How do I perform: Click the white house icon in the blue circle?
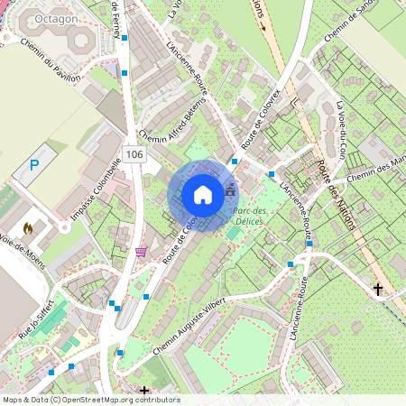(x=202, y=195)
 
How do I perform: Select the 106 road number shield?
(x=135, y=154)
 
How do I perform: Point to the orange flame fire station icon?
(x=28, y=229)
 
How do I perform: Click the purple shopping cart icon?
(x=140, y=252)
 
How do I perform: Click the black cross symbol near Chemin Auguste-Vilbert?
(x=144, y=391)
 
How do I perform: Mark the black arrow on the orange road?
(x=264, y=24)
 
